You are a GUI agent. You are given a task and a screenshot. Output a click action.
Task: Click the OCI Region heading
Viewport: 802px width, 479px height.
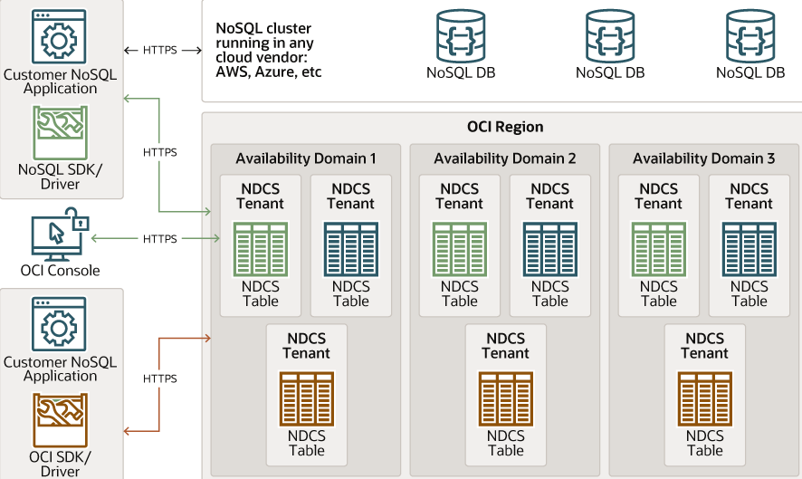point(505,127)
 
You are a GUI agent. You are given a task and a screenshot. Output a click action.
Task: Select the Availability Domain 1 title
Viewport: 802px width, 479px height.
point(306,158)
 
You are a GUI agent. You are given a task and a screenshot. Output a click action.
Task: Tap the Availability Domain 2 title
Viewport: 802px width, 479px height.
point(505,158)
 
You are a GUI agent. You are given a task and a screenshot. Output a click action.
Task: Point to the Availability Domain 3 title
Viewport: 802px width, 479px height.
point(704,158)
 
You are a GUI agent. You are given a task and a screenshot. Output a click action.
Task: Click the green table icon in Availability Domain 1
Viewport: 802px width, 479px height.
point(261,249)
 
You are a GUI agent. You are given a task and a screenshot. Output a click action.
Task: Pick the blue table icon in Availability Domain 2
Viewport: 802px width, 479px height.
point(550,249)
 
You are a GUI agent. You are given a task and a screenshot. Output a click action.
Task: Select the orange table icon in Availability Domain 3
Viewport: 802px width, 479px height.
point(704,399)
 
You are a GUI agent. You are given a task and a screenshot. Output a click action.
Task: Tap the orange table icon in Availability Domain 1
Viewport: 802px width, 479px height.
point(306,399)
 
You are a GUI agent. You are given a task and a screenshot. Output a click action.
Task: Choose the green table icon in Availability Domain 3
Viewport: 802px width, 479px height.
point(659,249)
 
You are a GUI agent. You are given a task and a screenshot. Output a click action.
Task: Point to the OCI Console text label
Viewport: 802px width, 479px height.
point(60,271)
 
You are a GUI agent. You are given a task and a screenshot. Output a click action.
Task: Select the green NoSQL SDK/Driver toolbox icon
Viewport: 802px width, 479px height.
point(60,133)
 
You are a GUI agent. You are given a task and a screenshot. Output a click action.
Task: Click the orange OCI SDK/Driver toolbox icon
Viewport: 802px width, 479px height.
point(60,420)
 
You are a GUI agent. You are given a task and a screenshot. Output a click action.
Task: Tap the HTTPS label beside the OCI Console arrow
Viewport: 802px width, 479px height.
point(160,239)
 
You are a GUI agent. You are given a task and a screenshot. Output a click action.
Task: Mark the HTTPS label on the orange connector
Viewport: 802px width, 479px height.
point(160,378)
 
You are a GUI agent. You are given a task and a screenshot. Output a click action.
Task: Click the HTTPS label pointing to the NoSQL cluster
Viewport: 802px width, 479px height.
point(160,50)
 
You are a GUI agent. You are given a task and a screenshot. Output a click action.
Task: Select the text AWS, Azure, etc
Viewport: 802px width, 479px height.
point(269,72)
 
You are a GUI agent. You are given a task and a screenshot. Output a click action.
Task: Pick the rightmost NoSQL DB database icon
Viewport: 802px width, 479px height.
point(750,35)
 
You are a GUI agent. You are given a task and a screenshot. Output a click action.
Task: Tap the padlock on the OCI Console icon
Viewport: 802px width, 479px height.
point(81,222)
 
